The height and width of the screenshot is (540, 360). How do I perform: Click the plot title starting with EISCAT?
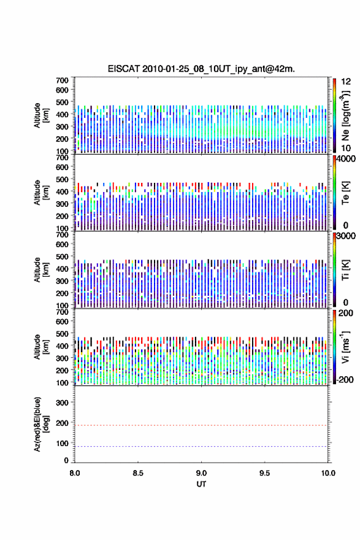pos(201,69)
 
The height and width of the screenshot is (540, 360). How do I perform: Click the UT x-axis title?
pos(201,484)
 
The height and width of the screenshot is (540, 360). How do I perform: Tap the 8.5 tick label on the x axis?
pos(138,473)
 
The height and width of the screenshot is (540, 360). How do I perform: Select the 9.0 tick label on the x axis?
pos(201,473)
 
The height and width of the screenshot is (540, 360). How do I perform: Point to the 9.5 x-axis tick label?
pos(265,473)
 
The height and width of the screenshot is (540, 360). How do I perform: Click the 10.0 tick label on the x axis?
pos(328,473)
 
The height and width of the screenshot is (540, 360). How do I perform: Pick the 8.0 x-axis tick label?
pos(75,473)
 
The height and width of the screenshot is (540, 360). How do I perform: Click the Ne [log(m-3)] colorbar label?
pos(345,115)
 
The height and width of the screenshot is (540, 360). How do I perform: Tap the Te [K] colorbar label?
pos(345,193)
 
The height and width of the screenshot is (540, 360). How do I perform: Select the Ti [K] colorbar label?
pos(345,270)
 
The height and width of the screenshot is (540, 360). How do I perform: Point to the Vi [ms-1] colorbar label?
pos(345,347)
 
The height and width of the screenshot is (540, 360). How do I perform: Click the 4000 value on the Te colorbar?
pos(347,159)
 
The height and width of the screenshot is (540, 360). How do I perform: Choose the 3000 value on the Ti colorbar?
pos(347,236)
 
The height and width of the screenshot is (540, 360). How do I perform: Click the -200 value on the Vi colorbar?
pos(345,379)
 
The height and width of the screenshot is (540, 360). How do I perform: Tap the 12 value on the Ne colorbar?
pos(346,82)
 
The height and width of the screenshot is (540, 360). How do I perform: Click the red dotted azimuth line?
pos(201,425)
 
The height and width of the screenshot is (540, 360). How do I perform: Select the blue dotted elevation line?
pos(201,446)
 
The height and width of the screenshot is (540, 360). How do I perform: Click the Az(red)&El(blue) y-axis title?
pos(41,424)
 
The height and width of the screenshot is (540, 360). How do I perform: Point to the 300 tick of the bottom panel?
pos(62,403)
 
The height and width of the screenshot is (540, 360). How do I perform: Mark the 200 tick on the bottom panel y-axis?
pos(62,423)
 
